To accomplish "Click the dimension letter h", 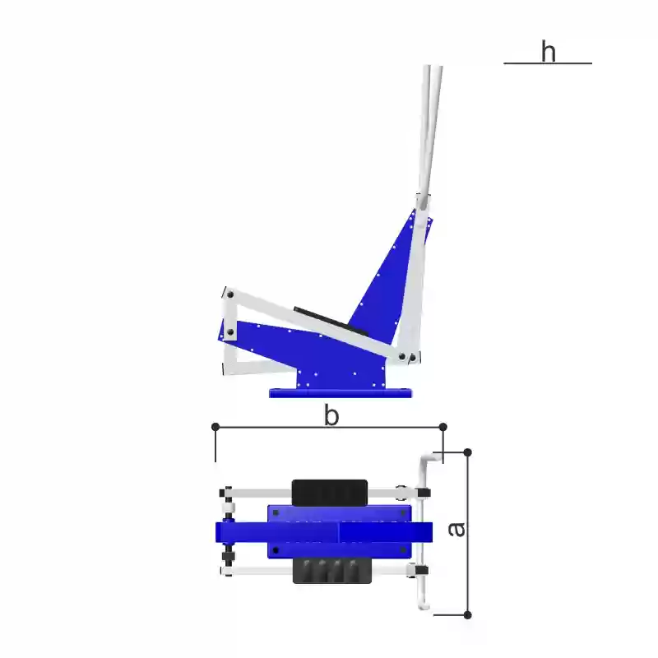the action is tap(549, 52).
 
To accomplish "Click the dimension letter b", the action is tap(331, 416).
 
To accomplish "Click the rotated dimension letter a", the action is tap(456, 530).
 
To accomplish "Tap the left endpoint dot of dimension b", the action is tap(215, 427).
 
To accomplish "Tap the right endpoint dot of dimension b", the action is tap(443, 427).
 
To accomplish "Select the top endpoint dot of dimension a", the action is tap(467, 452).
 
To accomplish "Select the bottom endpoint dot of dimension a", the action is tap(467, 615).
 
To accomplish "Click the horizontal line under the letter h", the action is tap(548, 63).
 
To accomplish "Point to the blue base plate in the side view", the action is tap(341, 393).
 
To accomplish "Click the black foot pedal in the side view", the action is tap(331, 322).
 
